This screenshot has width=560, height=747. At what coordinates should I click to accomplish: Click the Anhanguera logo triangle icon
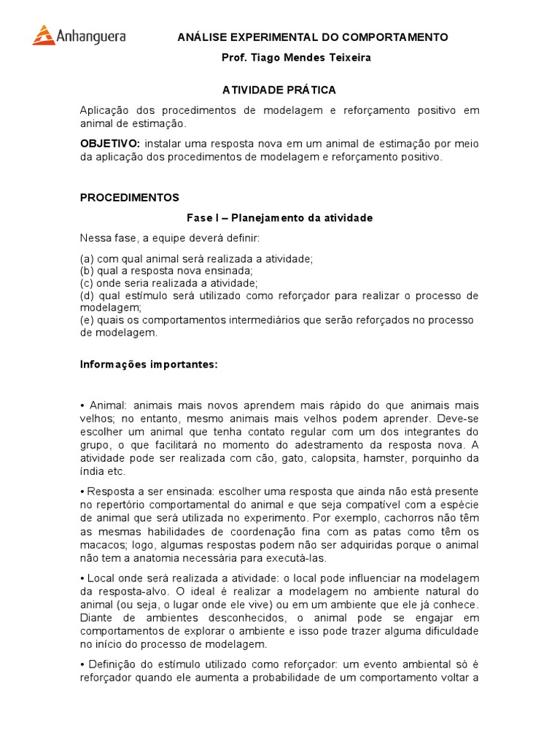pos(44,35)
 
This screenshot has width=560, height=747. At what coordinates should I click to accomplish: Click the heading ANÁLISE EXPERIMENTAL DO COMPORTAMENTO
pos(313,37)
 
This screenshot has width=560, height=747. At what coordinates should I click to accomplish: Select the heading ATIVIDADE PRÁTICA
pos(279,90)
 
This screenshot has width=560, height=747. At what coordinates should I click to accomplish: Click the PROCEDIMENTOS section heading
pos(129,198)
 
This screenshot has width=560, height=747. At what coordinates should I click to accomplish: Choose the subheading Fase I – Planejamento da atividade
pos(280,218)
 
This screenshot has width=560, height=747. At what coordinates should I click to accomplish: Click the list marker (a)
pos(87,259)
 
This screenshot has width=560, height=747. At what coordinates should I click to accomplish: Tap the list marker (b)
pos(87,271)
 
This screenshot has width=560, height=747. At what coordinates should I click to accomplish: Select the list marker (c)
pos(87,283)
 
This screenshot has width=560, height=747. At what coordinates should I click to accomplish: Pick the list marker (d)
pos(87,295)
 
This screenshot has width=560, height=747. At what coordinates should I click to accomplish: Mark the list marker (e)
pos(87,320)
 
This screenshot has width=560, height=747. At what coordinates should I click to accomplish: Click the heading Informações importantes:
pos(149,365)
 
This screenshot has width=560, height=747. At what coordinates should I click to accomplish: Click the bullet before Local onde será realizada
pos(82,578)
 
